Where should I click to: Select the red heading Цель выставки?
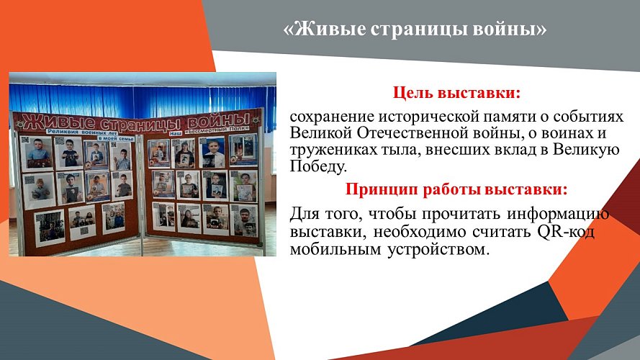pos(456,94)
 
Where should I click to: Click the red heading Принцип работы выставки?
pos(456,190)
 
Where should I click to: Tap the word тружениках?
pos(334,150)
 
